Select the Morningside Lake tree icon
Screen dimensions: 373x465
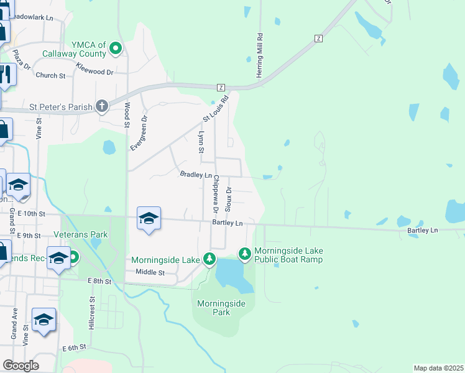(x=210, y=259)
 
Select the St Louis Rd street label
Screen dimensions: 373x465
(x=217, y=108)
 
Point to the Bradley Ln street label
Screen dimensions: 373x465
(x=196, y=175)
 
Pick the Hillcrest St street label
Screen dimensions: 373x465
(x=91, y=316)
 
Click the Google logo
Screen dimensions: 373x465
(x=21, y=366)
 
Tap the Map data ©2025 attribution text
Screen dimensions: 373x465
(x=438, y=368)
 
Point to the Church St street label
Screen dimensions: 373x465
(x=50, y=76)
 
